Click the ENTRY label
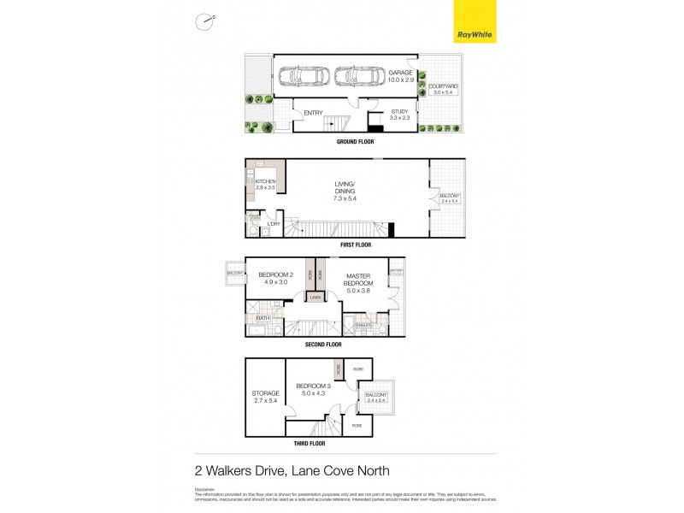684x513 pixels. coord(313,112)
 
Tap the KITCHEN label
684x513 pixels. coord(265,183)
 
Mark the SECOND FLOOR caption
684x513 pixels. coord(323,345)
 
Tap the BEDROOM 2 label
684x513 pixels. coord(275,275)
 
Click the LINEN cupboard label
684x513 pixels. coord(315,298)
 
